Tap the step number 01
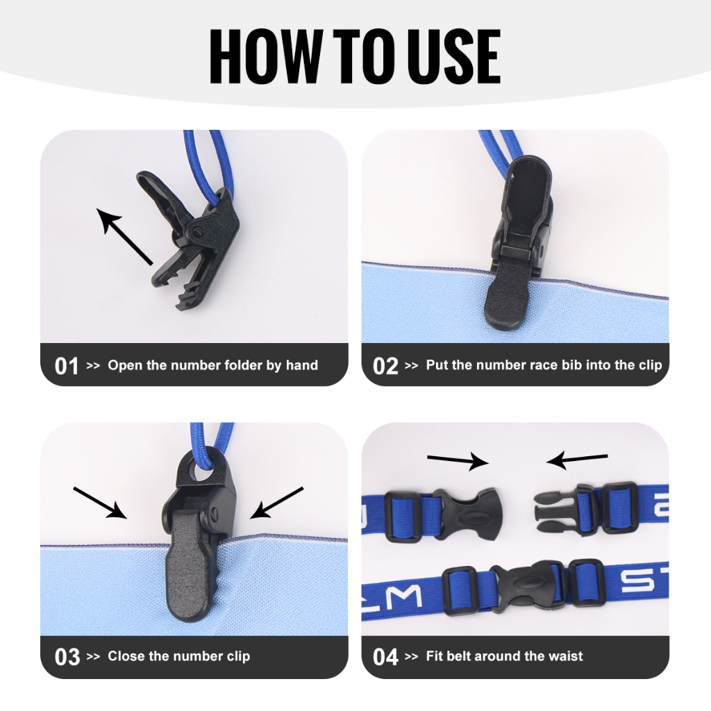66,366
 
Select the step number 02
385,366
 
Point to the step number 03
67,657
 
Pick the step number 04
385,657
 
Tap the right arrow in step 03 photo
276,503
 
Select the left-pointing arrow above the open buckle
577,460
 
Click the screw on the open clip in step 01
198,232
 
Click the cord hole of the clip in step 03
202,470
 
